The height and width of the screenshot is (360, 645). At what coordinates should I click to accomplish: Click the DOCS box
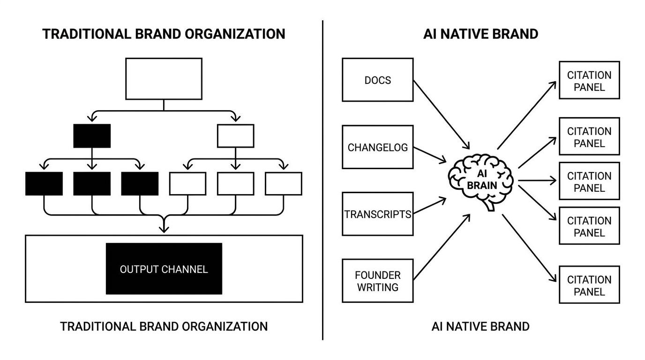point(377,80)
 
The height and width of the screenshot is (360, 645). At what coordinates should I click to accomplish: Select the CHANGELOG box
point(377,147)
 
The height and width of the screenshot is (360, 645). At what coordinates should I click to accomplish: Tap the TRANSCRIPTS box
point(377,214)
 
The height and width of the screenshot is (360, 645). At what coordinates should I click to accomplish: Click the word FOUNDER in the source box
point(377,275)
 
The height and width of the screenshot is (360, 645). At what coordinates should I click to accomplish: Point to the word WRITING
point(377,287)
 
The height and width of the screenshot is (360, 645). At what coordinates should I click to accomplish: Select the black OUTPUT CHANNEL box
point(164,269)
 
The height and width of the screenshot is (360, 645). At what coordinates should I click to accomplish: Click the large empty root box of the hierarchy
point(164,79)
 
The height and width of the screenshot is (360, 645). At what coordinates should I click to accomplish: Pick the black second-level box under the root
point(92,136)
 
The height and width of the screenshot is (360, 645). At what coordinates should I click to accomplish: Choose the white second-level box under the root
point(235,136)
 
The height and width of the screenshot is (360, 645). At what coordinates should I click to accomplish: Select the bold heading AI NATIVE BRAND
point(480,34)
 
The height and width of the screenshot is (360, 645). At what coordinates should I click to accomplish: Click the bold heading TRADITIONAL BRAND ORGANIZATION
point(164,34)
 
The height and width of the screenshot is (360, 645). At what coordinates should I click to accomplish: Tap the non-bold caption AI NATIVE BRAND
point(480,326)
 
